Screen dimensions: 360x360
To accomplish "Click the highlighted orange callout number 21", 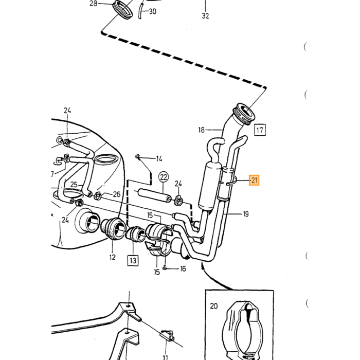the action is [254, 180].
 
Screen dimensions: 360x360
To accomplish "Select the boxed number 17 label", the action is [260, 130].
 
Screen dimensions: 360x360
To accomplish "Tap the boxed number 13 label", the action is [133, 260].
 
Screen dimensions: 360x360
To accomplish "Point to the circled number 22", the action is [164, 177].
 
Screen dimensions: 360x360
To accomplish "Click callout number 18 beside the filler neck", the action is [202, 130].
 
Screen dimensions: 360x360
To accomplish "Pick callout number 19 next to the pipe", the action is [246, 214].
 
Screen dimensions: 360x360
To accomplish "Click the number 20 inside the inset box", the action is [213, 306].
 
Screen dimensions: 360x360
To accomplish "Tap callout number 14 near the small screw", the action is [159, 158].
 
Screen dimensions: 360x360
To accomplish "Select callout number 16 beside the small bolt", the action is [183, 268].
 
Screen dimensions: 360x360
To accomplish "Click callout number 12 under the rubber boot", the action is [112, 257].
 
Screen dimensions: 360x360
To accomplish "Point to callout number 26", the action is [117, 194].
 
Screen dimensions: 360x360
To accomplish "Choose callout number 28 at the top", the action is [94, 4].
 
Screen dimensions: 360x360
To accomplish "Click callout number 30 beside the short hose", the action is [153, 11].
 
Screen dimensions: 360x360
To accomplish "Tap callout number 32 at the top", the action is [206, 15].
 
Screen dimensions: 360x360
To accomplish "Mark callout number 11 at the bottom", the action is [165, 357].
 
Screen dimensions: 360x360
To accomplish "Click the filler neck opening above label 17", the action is [245, 114].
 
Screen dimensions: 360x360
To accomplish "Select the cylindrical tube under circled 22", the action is [154, 195].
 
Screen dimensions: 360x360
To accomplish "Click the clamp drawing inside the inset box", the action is [242, 331].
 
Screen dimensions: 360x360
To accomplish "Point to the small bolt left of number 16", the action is [165, 267].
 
